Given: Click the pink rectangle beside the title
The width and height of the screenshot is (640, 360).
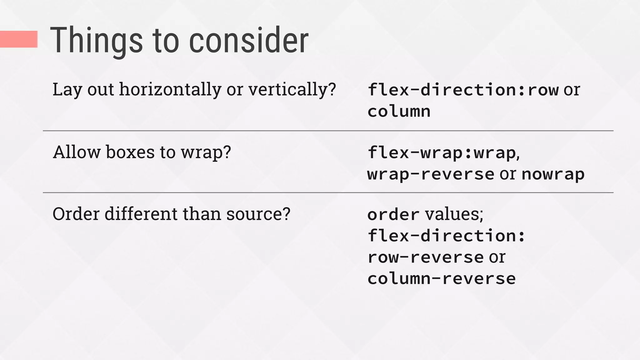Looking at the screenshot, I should [x=19, y=39].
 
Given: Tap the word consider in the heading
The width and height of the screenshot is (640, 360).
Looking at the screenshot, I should [x=249, y=41].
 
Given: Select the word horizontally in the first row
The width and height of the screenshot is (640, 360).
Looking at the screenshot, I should [x=170, y=89].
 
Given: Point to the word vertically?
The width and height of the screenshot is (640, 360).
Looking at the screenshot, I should [x=292, y=89].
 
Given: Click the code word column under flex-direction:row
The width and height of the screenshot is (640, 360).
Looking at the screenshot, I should [x=399, y=112].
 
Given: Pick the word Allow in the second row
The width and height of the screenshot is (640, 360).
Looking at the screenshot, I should [x=77, y=152].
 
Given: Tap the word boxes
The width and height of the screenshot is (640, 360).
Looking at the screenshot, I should [x=130, y=152].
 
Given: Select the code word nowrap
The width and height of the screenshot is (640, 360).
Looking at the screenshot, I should [x=553, y=174].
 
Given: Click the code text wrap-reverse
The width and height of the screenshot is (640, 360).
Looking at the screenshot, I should [x=431, y=174].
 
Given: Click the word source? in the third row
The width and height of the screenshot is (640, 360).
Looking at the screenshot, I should [x=258, y=214].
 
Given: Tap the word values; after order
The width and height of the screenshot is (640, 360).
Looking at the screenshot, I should [x=454, y=214].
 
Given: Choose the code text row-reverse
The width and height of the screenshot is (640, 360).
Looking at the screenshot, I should [x=426, y=257].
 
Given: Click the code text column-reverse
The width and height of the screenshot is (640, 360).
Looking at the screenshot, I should [x=441, y=278].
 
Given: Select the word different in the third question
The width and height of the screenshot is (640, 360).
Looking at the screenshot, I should [x=141, y=214].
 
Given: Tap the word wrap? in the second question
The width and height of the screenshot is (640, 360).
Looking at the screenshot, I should [x=206, y=152].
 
